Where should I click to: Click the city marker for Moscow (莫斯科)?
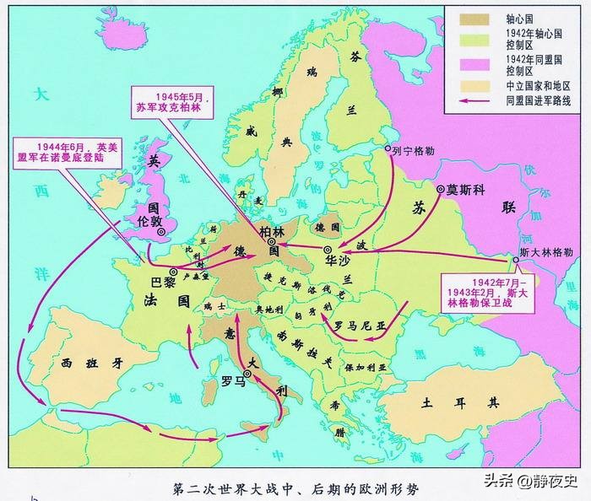tap(440, 190)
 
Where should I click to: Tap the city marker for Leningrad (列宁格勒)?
tap(388, 149)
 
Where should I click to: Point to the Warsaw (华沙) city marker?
tap(328, 250)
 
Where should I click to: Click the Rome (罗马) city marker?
tap(247, 373)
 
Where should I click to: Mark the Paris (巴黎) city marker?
tap(172, 272)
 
